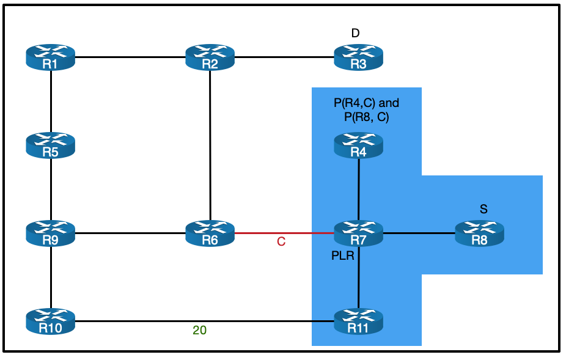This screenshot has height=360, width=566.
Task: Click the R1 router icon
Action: click(50, 58)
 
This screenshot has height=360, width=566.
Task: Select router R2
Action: click(210, 58)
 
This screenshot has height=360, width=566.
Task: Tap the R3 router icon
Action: click(358, 58)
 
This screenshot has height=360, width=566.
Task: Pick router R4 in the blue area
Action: click(358, 146)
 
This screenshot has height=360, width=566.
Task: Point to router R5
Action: click(50, 146)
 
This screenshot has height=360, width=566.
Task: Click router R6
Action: click(210, 233)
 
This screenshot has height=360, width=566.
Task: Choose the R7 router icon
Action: click(358, 233)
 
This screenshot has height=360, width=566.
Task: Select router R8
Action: click(480, 233)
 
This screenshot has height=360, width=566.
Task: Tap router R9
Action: click(50, 233)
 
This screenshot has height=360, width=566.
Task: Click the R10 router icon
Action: click(50, 321)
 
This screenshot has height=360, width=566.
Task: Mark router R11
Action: click(358, 321)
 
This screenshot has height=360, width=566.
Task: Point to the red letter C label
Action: click(281, 242)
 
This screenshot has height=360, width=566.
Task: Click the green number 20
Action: click(199, 331)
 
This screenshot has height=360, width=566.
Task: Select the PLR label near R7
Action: click(342, 255)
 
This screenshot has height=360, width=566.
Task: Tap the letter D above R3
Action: click(355, 34)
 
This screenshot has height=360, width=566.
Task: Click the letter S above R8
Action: click(483, 209)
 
